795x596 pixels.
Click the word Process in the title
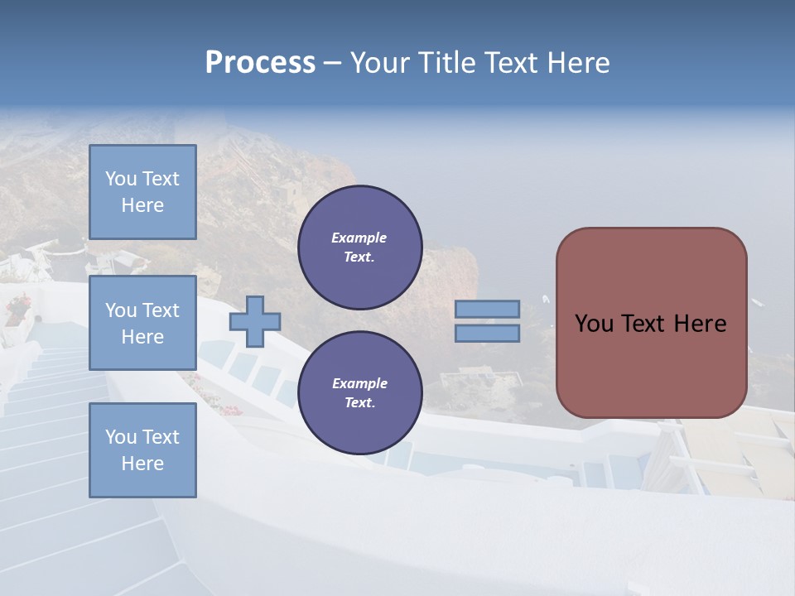[x=260, y=63]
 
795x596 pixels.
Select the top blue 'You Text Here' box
[x=142, y=192]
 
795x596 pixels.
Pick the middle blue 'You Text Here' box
[x=142, y=323]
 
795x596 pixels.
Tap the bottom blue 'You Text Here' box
[x=142, y=449]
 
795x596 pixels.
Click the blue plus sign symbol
[x=255, y=321]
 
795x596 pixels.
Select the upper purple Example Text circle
[x=359, y=248]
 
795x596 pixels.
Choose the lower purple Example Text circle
[x=359, y=393]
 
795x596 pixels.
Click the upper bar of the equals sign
[x=487, y=309]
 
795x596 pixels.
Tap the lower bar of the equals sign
[x=487, y=333]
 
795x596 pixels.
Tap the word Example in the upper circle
[x=359, y=238]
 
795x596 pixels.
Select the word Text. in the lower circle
[x=359, y=403]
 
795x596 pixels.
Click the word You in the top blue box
[x=121, y=179]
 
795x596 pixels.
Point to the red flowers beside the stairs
[x=17, y=308]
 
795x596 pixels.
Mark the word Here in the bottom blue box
[x=142, y=464]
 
